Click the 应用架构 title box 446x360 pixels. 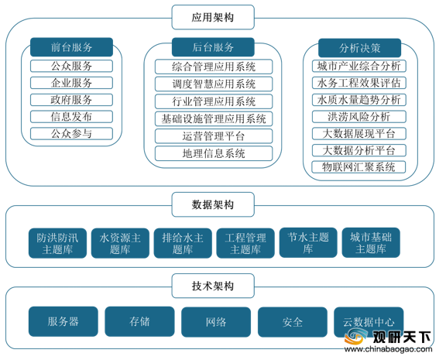click(x=213, y=17)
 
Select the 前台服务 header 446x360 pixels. click(x=71, y=47)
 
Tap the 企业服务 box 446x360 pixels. click(x=71, y=83)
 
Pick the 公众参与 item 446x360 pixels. click(x=71, y=133)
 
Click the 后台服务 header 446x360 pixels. click(x=213, y=47)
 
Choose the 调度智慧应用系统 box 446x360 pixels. click(x=214, y=84)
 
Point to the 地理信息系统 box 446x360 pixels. click(x=214, y=153)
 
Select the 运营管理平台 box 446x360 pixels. click(x=214, y=136)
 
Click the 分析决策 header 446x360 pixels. click(x=359, y=48)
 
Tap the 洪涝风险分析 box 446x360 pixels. click(x=359, y=117)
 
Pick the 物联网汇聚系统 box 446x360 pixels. click(x=359, y=167)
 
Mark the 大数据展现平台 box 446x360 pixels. click(x=359, y=133)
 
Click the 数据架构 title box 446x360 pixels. click(x=213, y=204)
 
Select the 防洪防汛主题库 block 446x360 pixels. click(x=57, y=243)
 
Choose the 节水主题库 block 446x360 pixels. click(x=308, y=242)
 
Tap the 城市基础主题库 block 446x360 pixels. click(x=371, y=242)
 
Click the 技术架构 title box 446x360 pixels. click(x=213, y=286)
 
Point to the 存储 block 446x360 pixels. click(x=139, y=321)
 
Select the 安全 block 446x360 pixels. click(x=293, y=322)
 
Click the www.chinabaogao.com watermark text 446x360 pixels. click(x=388, y=349)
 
